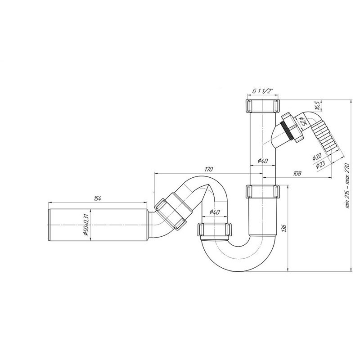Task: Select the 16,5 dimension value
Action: [318, 105]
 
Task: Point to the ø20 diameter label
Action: [317, 157]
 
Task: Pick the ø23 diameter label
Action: [320, 165]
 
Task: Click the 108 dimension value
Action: [297, 173]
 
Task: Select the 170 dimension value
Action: [209, 170]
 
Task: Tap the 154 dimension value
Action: [97, 198]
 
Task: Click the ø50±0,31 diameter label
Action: [86, 225]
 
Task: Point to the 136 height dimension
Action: [284, 229]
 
